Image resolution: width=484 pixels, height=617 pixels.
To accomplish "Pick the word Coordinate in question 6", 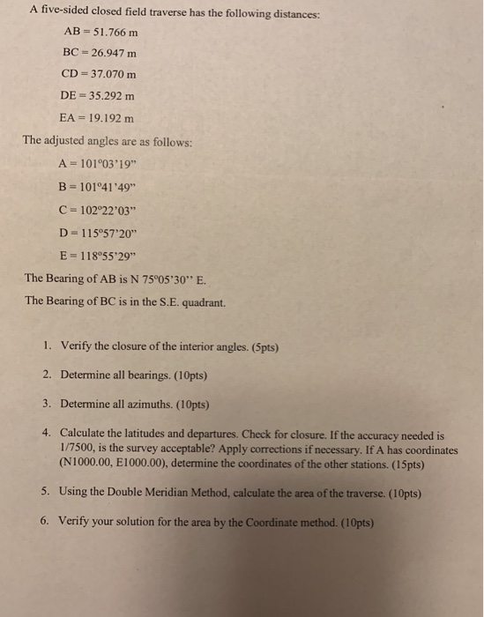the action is [264, 522].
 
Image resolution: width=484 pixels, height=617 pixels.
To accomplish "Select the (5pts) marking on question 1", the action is [261, 346].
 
